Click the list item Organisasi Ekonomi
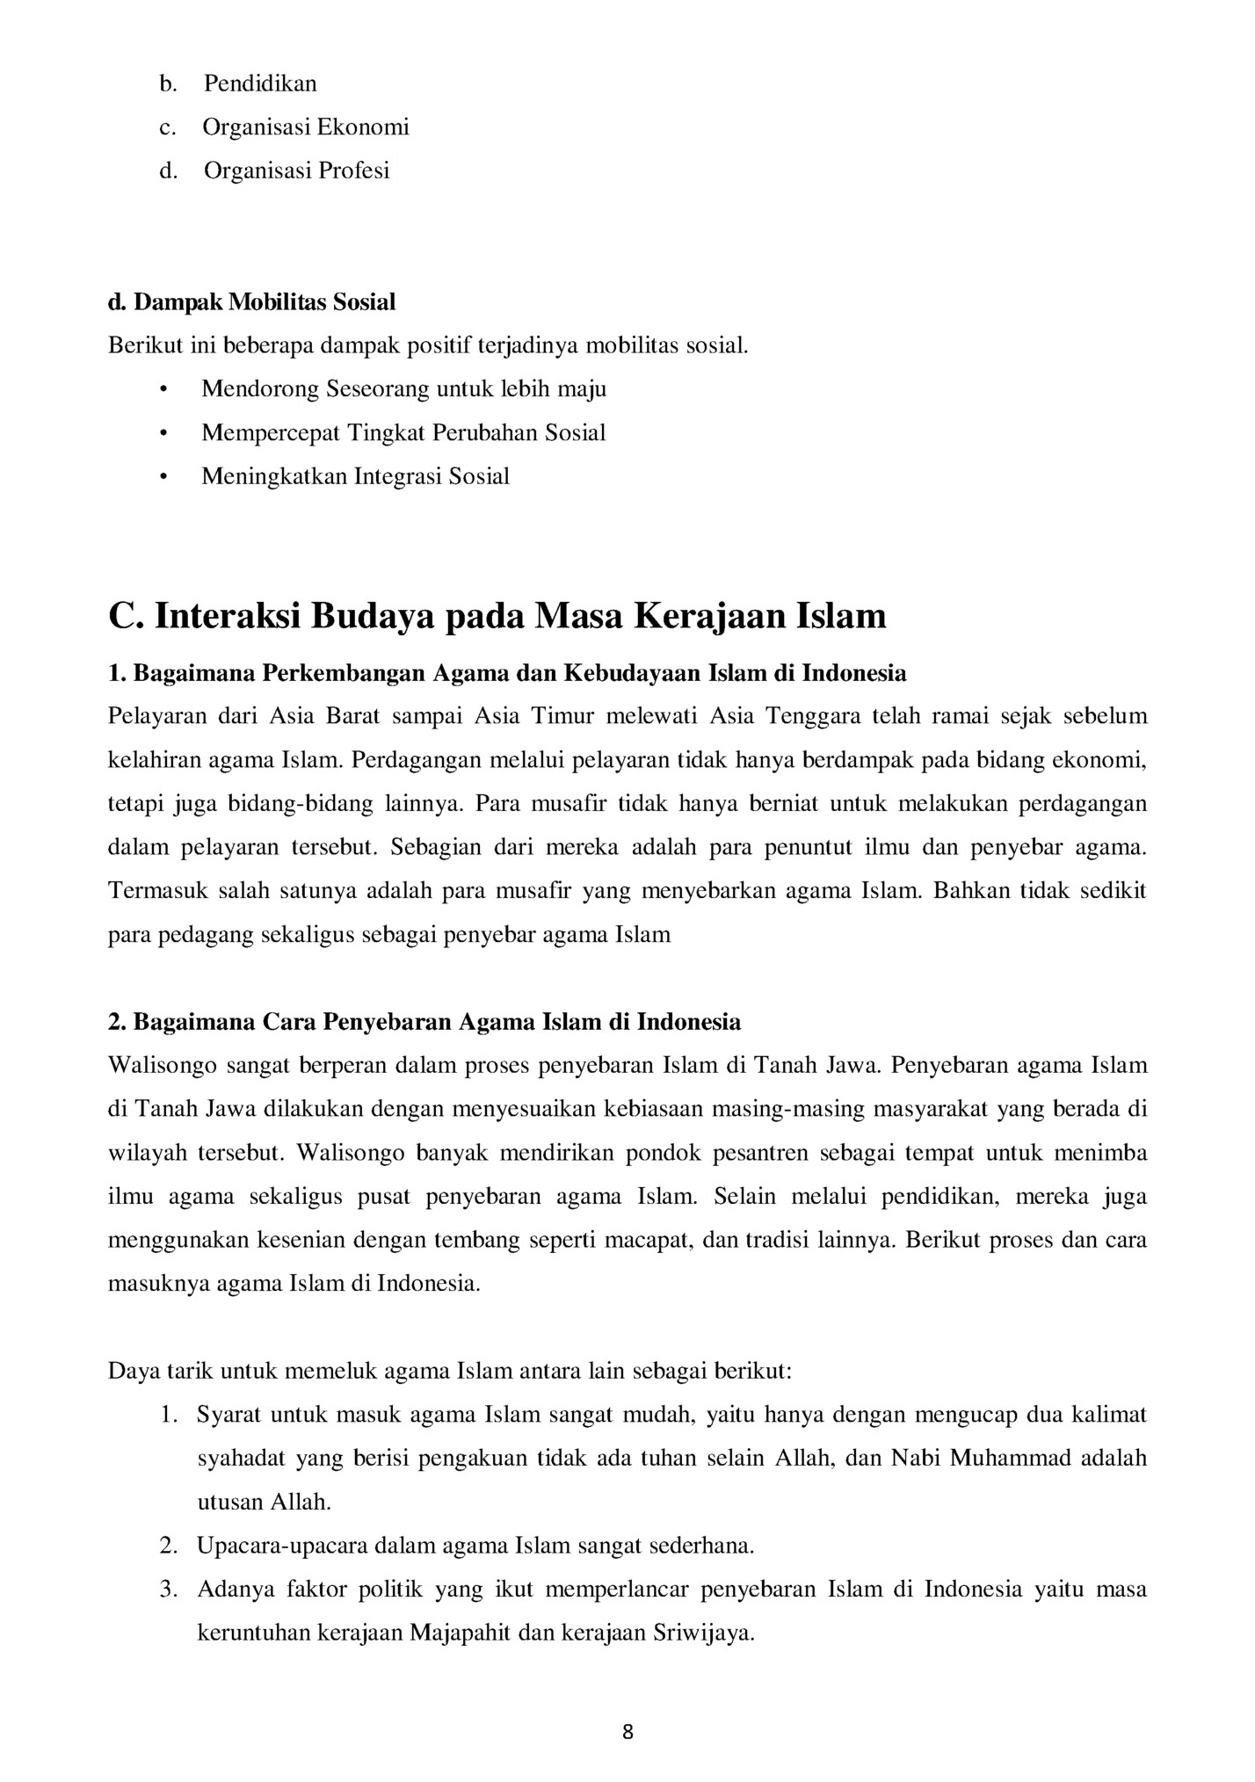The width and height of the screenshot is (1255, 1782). click(306, 127)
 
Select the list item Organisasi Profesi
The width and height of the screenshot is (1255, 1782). click(296, 170)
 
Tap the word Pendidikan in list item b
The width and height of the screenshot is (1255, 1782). click(260, 83)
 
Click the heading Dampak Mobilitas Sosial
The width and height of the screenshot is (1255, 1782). click(252, 302)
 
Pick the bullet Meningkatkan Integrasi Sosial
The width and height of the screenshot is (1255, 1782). click(355, 476)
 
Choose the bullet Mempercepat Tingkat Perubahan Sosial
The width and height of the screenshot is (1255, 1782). click(403, 432)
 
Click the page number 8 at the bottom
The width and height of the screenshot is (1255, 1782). click(627, 1732)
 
